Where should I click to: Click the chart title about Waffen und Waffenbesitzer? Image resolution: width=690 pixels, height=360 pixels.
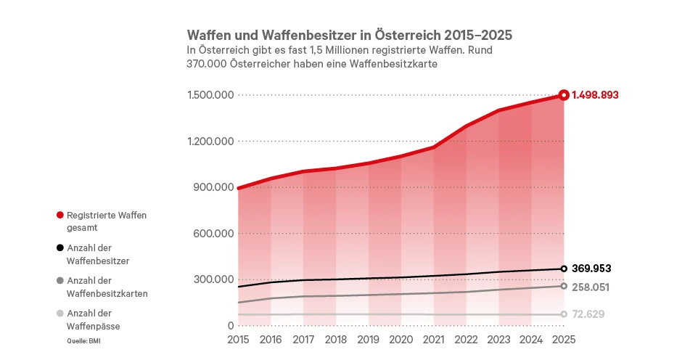pos(349,35)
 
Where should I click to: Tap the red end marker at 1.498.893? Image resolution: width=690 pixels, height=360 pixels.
pos(564,95)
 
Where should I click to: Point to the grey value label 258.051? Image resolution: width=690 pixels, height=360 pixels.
pos(591,287)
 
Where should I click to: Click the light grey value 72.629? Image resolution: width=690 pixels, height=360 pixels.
pos(588,314)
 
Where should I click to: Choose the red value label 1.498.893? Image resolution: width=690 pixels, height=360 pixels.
pos(595,95)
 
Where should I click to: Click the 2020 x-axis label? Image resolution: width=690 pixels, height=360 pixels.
pos(401,339)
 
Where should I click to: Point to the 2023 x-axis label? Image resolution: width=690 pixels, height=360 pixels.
pos(498,339)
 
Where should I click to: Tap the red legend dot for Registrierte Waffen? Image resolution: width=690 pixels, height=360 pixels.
pos(59,215)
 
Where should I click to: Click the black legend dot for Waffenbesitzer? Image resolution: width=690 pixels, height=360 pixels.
pos(59,247)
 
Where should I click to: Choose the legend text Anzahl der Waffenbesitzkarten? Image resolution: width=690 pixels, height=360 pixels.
pos(107,287)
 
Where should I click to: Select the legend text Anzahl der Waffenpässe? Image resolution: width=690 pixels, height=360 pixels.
pos(93,319)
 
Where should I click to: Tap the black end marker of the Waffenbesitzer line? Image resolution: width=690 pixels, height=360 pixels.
pos(564,269)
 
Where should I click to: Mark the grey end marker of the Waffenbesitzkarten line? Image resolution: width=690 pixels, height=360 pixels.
pos(564,286)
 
